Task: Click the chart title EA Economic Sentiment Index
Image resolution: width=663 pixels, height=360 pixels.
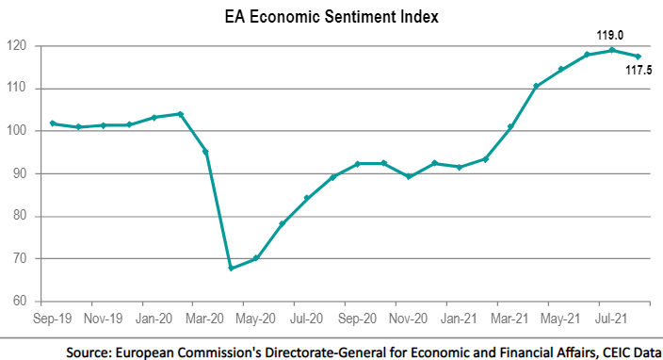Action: pos(331,16)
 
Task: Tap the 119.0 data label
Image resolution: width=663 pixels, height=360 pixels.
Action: pos(608,35)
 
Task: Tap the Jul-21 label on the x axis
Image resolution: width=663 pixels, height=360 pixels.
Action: pos(612,319)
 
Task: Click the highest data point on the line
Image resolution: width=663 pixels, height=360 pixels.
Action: pos(612,50)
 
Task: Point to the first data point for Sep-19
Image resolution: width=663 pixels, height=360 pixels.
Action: pos(53,123)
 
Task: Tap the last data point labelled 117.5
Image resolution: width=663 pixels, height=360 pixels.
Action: pos(638,57)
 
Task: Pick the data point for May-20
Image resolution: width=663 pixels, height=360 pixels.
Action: pos(256,258)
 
